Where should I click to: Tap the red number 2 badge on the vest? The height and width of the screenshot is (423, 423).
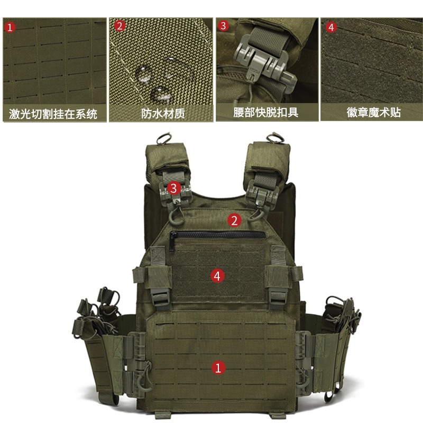[x=235, y=219]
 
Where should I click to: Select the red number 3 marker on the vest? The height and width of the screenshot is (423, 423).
[x=174, y=187]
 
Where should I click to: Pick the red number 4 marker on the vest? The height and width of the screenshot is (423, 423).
[x=216, y=275]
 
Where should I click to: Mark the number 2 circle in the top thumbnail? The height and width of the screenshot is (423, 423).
[x=119, y=26]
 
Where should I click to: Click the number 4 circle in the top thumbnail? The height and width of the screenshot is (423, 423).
[x=331, y=27]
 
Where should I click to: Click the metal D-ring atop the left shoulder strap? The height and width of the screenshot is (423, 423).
[x=162, y=139]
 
